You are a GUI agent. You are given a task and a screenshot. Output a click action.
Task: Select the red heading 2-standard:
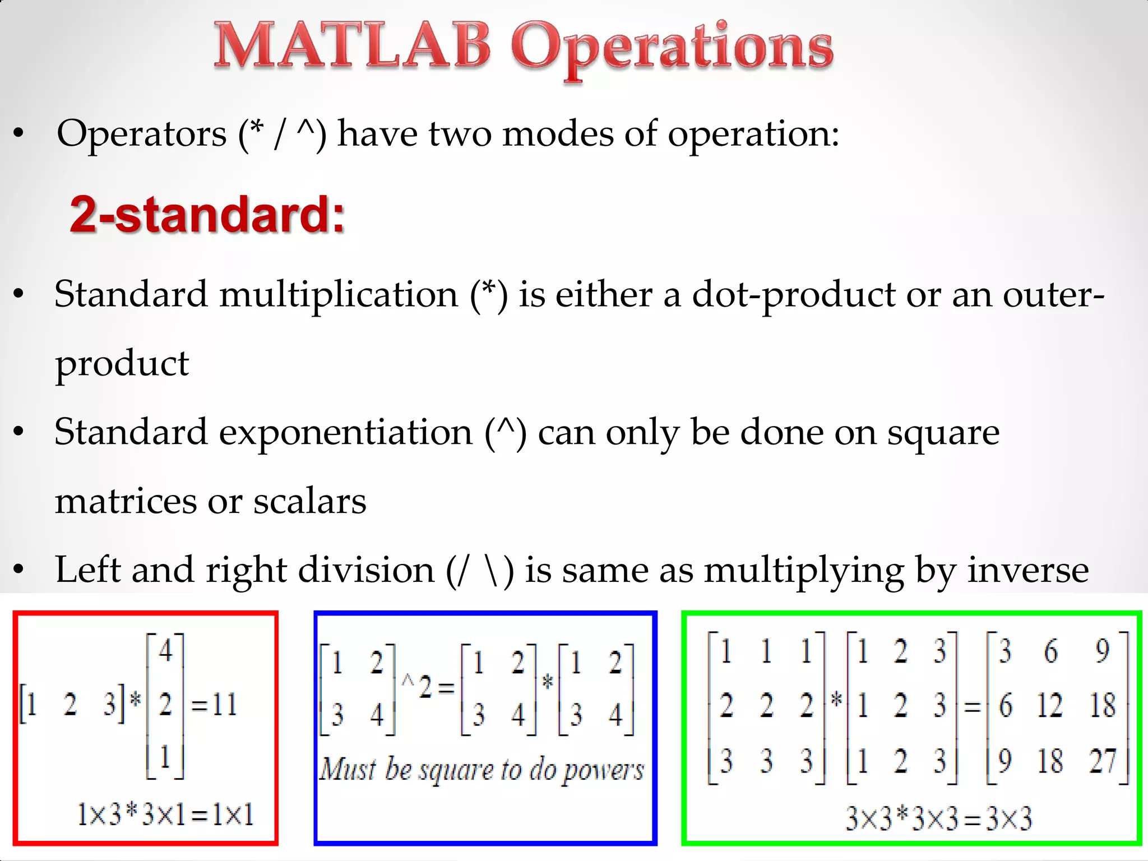point(207,214)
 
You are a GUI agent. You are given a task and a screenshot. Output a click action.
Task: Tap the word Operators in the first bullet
point(141,135)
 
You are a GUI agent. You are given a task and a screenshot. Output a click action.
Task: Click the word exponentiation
point(345,433)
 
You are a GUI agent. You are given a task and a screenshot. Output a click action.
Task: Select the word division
point(366,570)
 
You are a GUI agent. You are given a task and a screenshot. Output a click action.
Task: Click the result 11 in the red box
point(224,704)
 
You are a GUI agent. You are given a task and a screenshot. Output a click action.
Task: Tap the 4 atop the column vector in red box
point(165,651)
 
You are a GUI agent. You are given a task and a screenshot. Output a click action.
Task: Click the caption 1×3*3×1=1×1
point(165,814)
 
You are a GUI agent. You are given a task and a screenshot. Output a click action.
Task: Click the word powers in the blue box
point(603,771)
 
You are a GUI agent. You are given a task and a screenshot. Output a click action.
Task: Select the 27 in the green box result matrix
point(1103,761)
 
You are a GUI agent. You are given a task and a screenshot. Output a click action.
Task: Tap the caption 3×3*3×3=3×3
point(938,818)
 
